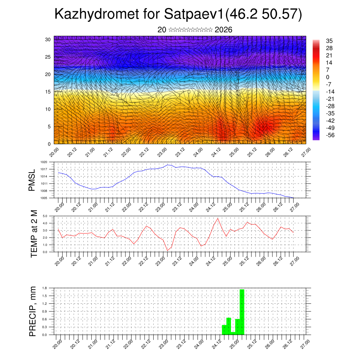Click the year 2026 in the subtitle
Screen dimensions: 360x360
point(223,30)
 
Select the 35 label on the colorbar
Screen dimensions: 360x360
point(329,41)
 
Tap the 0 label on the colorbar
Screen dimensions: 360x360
point(328,77)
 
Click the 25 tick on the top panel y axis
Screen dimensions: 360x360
point(48,57)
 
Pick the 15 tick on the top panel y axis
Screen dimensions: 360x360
point(48,92)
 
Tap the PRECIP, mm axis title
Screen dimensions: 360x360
point(33,311)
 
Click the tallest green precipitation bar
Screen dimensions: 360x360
point(242,311)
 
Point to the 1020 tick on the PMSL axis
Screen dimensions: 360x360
point(44,162)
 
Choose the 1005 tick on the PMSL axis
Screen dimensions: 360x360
point(44,198)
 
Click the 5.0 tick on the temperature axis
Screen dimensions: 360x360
point(45,216)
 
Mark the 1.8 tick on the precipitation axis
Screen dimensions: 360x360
point(45,288)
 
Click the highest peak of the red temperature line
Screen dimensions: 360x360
point(218,218)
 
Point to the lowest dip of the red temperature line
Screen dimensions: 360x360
point(167,250)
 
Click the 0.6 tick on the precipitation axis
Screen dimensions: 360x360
point(45,319)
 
